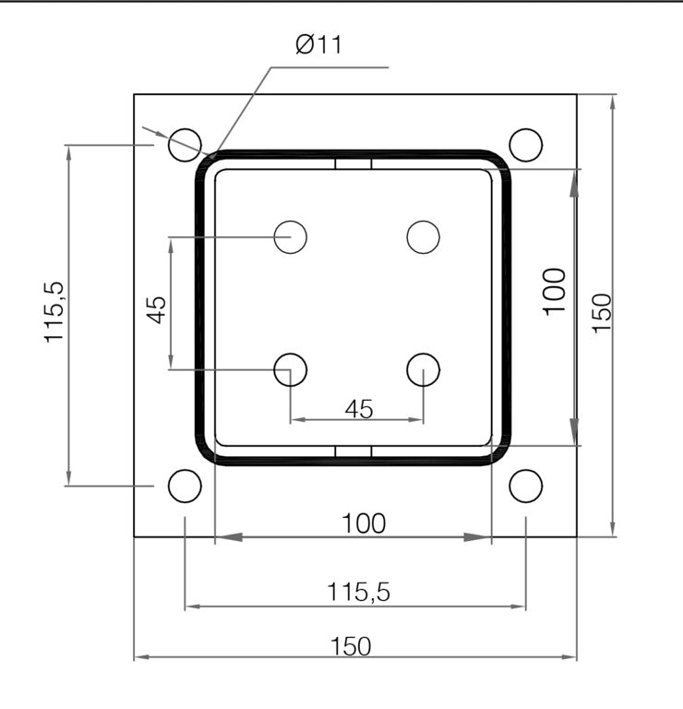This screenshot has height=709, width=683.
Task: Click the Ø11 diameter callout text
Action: pos(318,44)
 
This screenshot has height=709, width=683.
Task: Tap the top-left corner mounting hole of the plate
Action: pos(185,144)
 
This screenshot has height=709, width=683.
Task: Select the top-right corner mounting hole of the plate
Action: pos(525,144)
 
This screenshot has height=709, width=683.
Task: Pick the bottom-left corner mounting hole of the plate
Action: pos(185,485)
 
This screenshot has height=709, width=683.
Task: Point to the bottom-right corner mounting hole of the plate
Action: pos(525,485)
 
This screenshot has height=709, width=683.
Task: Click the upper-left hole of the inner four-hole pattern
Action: pos(291,237)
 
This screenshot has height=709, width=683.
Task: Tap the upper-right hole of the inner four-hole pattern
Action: pos(424,237)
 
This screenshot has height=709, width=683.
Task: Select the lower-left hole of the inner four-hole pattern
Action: pos(291,369)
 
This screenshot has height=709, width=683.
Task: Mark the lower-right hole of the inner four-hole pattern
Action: pos(424,369)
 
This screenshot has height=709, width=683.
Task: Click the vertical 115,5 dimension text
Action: pos(55,314)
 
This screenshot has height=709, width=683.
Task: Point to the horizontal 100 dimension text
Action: pos(363,523)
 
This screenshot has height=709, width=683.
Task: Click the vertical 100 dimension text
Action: pos(554,291)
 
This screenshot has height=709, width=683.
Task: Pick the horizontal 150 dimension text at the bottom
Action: pos(352,646)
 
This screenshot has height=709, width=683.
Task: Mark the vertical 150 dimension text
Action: pos(601,313)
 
